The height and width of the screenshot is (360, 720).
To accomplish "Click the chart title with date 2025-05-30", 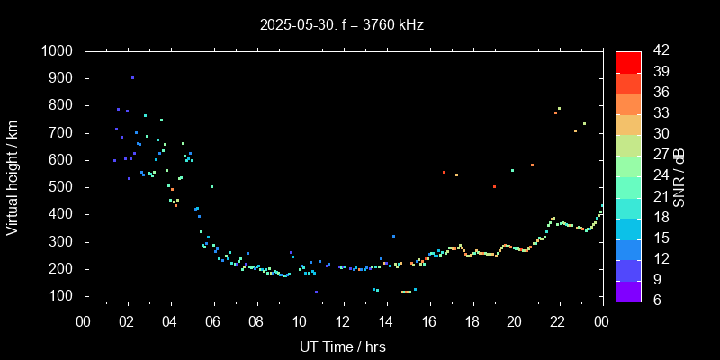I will [341, 25].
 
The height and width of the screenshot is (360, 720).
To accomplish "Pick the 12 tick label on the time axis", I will [343, 321].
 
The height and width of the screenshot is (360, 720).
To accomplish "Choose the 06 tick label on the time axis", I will [213, 321].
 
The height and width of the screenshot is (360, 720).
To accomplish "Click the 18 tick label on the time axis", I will [472, 321].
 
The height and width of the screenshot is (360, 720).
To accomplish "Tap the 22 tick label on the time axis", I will [559, 321].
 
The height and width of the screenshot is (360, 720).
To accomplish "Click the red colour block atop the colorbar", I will [628, 61].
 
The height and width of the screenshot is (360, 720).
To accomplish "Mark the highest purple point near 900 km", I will [132, 77].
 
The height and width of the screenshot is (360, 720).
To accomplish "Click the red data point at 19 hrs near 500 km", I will [494, 186].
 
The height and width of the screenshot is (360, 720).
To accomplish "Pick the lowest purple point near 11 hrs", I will [316, 292].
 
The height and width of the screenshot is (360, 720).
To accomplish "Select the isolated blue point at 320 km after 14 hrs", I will [393, 236].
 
